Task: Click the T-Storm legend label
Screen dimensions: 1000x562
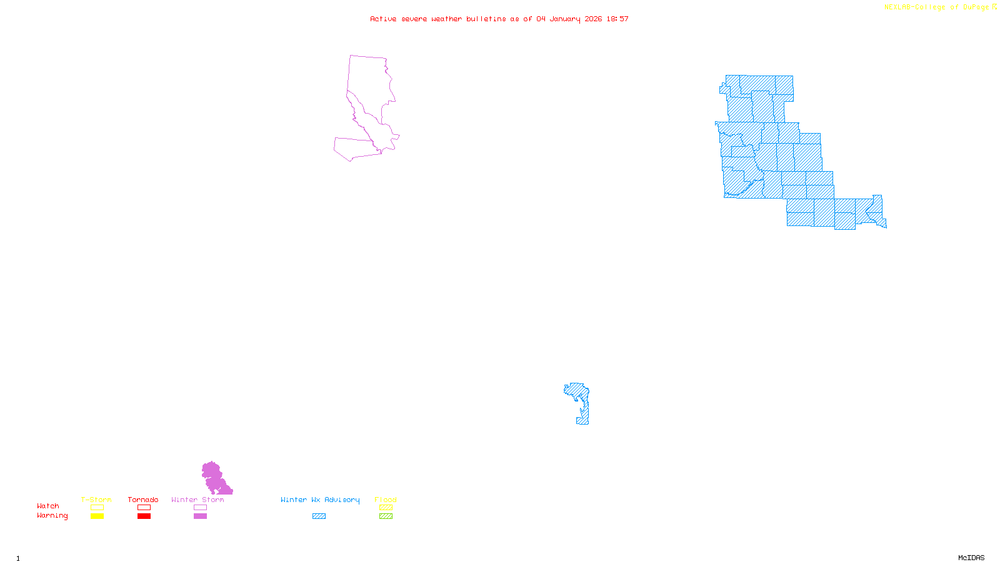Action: coord(96,500)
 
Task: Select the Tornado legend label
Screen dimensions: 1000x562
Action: coord(143,500)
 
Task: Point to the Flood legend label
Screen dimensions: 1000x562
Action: coord(386,500)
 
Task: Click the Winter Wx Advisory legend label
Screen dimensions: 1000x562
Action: coord(320,500)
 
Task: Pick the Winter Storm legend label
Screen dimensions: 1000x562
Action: coord(197,500)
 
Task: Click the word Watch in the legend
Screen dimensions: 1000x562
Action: coord(48,506)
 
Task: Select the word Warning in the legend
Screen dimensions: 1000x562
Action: coord(52,516)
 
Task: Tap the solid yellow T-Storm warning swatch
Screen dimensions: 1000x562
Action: coord(97,516)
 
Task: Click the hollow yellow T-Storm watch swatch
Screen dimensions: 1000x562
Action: coord(97,508)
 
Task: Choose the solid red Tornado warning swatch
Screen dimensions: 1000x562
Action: coord(144,516)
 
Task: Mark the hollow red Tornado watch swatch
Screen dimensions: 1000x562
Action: coord(144,508)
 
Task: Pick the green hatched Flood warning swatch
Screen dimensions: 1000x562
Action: coord(386,516)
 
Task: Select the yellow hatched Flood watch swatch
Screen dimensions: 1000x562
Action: coord(386,508)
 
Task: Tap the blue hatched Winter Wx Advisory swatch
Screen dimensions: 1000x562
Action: coord(319,516)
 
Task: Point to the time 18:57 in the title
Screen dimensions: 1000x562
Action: coord(617,19)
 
